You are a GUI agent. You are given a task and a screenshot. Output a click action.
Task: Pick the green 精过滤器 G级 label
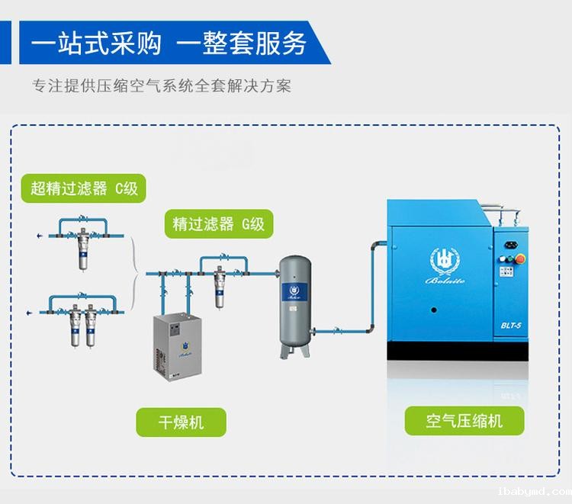point(218,224)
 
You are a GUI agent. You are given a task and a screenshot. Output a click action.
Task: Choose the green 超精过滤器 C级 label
point(85,188)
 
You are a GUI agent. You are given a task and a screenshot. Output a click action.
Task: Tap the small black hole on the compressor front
point(433,310)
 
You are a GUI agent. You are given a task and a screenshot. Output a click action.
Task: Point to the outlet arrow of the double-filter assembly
point(28,310)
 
